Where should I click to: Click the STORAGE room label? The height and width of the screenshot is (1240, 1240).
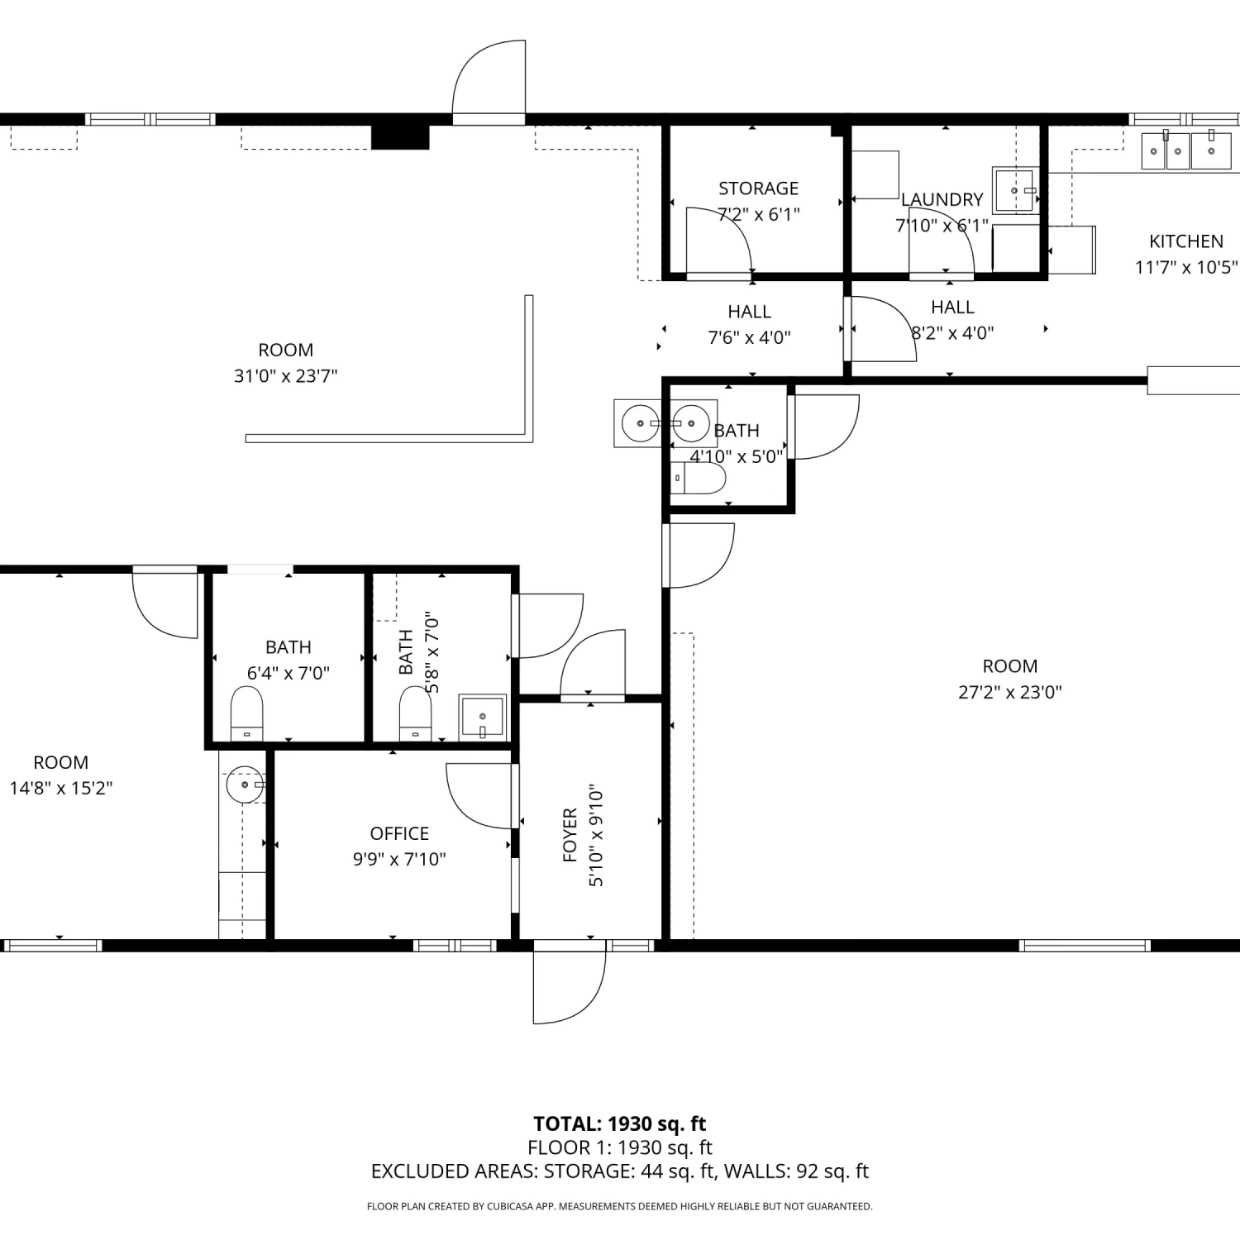758,188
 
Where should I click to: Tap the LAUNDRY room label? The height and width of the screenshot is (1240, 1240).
942,200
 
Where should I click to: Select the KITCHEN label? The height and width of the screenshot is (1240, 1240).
1186,241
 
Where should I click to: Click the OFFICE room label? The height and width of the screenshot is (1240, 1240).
399,833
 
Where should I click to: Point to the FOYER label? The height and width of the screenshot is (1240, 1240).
570,835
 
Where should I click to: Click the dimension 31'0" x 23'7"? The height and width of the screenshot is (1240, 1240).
285,376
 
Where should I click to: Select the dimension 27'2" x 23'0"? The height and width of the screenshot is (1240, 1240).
1009,693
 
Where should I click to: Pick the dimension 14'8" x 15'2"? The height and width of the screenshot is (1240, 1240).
61,789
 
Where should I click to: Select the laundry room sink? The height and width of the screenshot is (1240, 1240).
1016,190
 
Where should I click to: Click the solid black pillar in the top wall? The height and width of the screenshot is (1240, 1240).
400,137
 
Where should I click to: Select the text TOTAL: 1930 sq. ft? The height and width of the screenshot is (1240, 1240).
620,1123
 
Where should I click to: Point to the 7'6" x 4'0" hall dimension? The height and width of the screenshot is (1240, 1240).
749,338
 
